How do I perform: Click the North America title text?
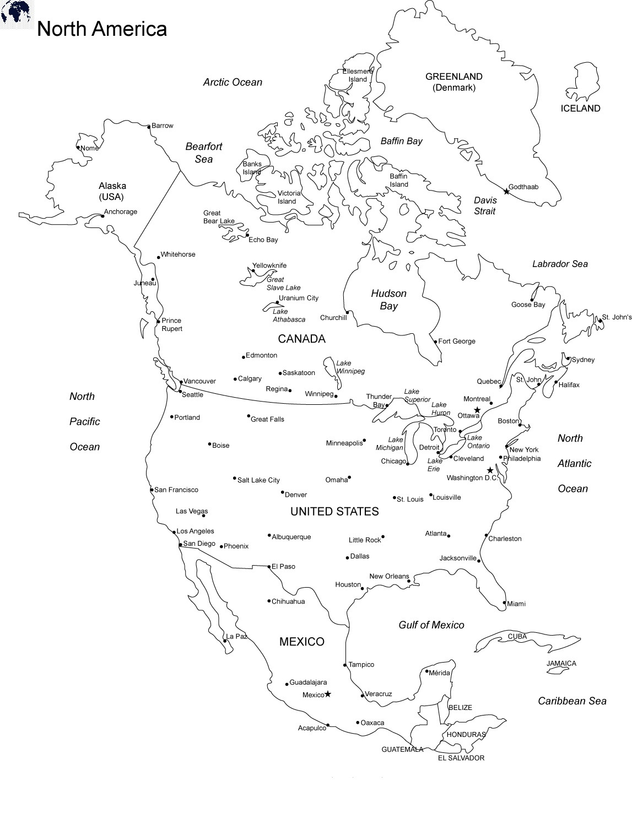(101, 29)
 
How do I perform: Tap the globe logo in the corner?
(15, 12)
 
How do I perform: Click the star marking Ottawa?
(477, 410)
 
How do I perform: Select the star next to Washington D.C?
(490, 470)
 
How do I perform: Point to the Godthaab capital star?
(506, 192)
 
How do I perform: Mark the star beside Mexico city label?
(328, 694)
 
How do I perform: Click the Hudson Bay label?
(388, 300)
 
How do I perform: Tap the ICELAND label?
(580, 109)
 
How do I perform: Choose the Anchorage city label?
(121, 211)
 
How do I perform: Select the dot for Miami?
(504, 603)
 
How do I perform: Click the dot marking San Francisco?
(152, 490)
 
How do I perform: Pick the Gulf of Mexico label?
(431, 625)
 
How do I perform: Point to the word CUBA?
(517, 637)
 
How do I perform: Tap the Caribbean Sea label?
(572, 701)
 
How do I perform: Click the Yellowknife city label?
(269, 265)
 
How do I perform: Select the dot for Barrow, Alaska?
(149, 126)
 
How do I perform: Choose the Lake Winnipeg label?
(350, 367)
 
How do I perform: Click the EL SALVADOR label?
(461, 758)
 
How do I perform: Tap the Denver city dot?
(283, 492)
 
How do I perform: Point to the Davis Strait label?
(485, 205)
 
